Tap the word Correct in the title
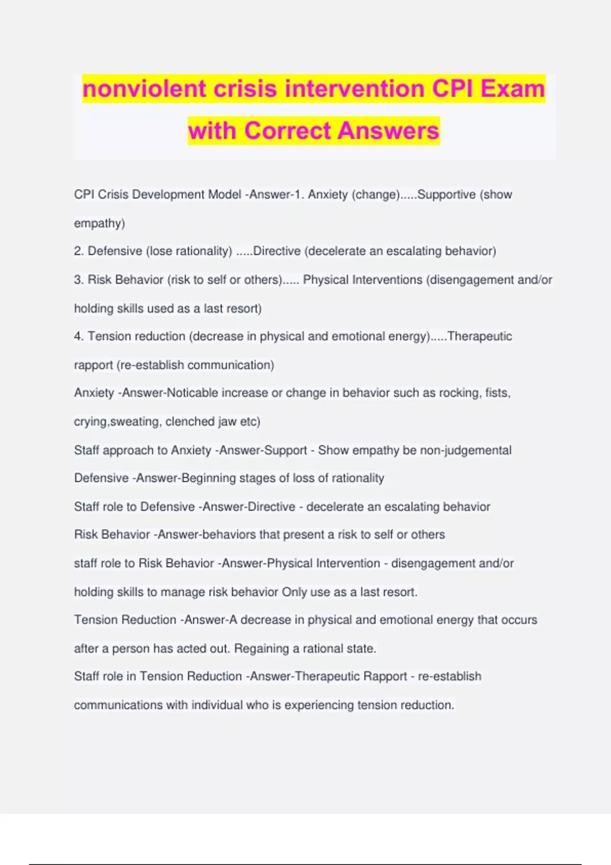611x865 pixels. coord(287,131)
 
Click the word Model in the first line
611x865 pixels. coord(225,195)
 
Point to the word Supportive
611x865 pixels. coord(447,195)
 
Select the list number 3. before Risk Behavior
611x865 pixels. coord(79,280)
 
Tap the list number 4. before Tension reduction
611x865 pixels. coord(79,336)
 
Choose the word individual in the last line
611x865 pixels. coord(217,705)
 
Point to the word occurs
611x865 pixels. coord(519,620)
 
